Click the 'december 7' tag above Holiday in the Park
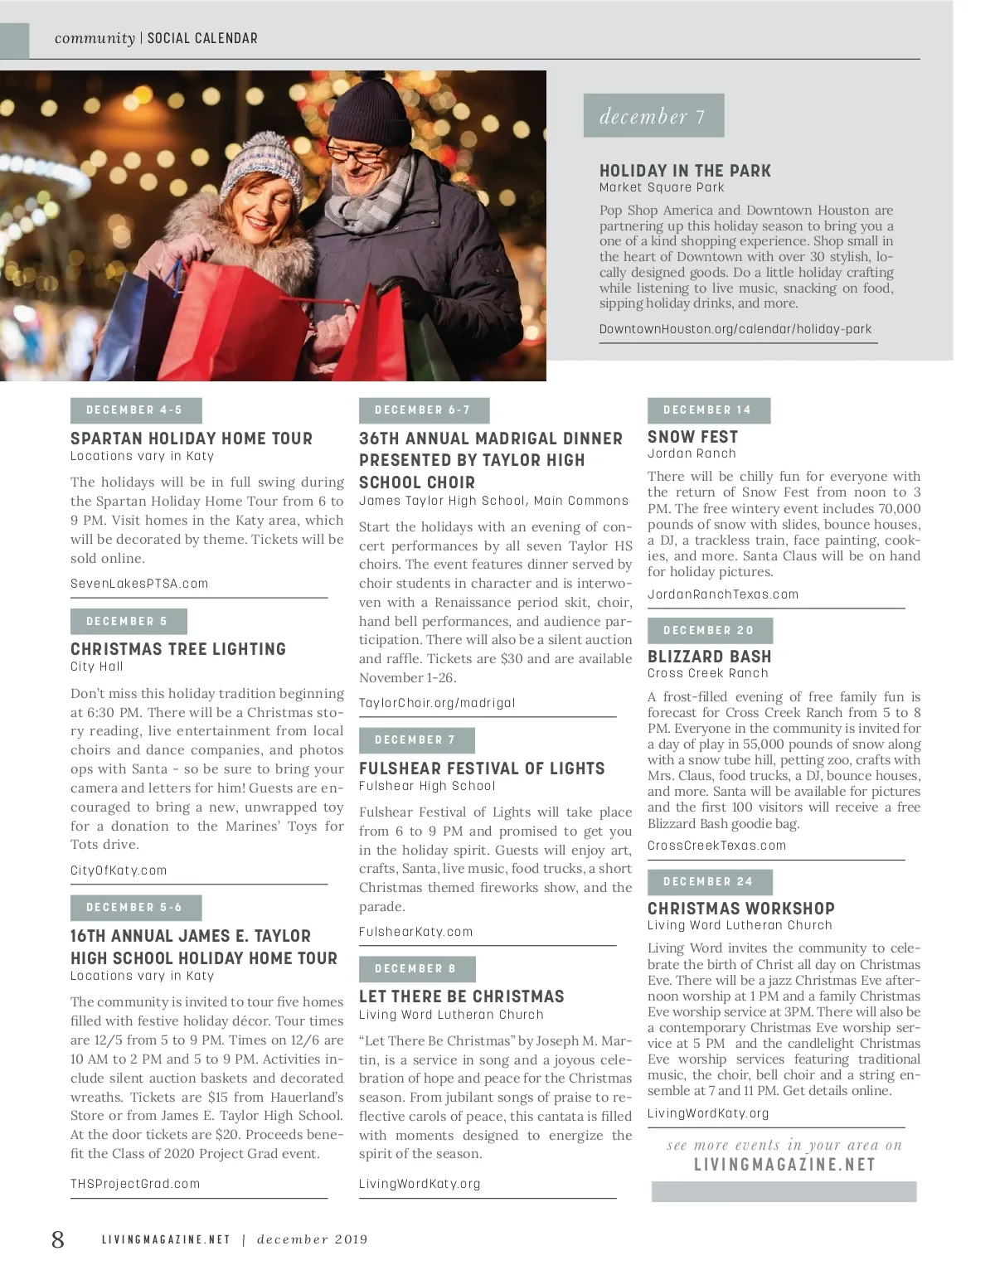pyautogui.click(x=653, y=116)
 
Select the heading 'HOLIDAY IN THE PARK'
pyautogui.click(x=685, y=171)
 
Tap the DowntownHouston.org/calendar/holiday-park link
pyautogui.click(x=735, y=329)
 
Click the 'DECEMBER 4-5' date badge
pyautogui.click(x=135, y=410)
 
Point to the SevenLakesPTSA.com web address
pyautogui.click(x=139, y=584)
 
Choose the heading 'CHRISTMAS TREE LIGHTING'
pyautogui.click(x=178, y=649)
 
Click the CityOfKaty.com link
pyautogui.click(x=119, y=870)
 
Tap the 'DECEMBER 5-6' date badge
pyautogui.click(x=135, y=908)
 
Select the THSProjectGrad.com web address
pyautogui.click(x=135, y=1184)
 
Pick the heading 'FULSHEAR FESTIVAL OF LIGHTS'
pyautogui.click(x=482, y=768)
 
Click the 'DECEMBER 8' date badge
pyautogui.click(x=416, y=969)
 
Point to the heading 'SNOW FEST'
pyautogui.click(x=692, y=437)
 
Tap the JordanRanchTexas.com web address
pyautogui.click(x=723, y=594)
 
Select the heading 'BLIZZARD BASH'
pyautogui.click(x=709, y=657)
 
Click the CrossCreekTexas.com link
pyautogui.click(x=716, y=846)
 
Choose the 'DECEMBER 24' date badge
pyautogui.click(x=709, y=882)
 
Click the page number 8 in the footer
pyautogui.click(x=58, y=1239)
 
